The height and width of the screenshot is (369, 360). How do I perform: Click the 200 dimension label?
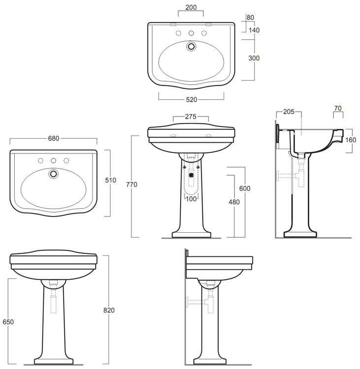(191, 7)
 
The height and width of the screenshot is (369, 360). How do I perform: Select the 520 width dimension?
(191, 100)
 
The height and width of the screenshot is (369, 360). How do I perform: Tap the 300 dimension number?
(254, 58)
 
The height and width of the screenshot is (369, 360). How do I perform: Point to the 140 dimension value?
(254, 30)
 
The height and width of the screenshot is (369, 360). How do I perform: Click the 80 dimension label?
(251, 18)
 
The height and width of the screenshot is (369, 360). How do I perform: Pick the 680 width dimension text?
(54, 138)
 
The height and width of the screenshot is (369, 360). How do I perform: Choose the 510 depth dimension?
(110, 180)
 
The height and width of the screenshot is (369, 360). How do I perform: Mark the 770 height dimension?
(131, 184)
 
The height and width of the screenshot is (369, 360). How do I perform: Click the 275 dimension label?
(191, 117)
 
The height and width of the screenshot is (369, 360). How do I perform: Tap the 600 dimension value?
(245, 188)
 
